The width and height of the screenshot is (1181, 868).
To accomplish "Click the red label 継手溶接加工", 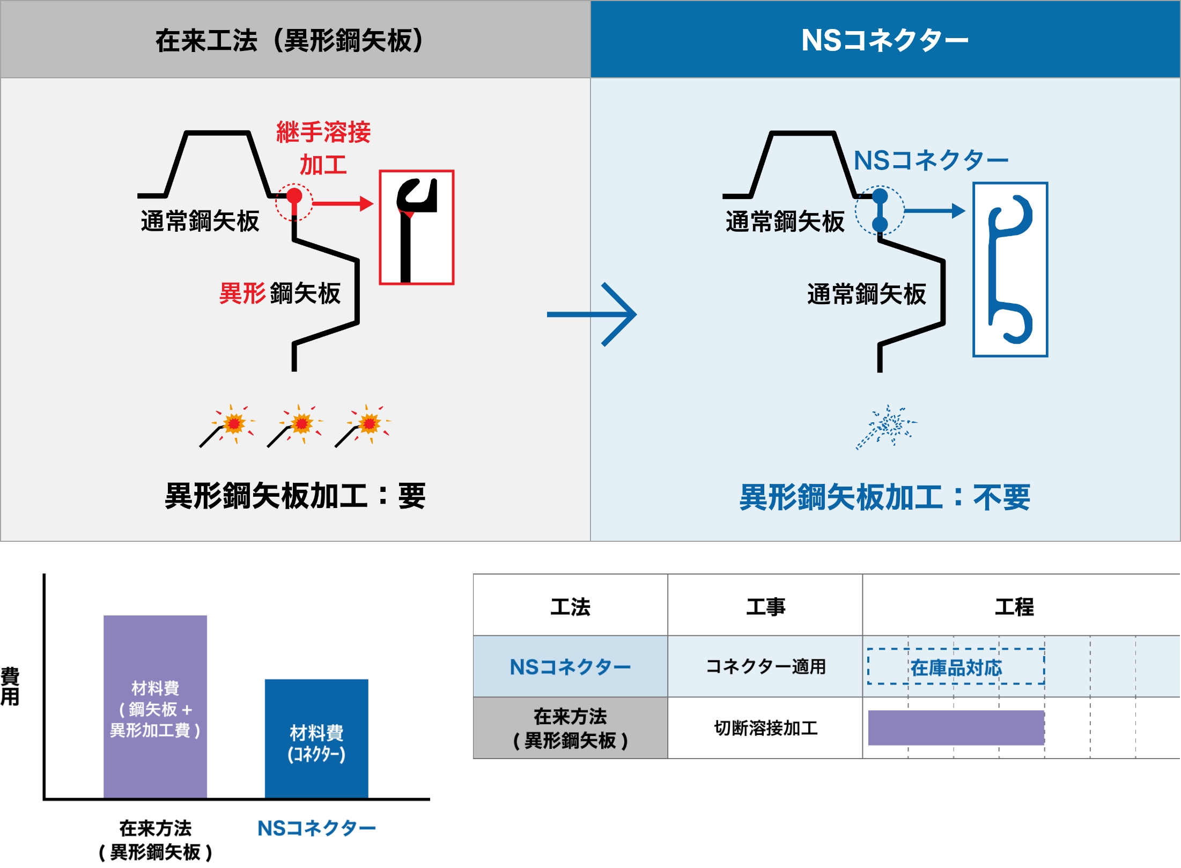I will click(323, 148).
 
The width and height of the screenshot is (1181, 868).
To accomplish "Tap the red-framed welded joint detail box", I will click(417, 227).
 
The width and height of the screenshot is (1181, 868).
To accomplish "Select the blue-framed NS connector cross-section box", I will click(1010, 269).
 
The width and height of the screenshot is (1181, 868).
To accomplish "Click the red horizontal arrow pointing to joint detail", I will click(342, 203).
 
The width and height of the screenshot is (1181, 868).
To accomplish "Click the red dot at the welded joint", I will click(294, 196).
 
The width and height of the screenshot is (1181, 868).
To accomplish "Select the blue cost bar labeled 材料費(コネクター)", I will click(316, 739).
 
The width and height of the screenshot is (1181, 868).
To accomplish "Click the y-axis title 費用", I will click(10, 686).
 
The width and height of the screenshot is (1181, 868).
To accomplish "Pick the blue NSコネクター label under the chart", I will click(316, 828).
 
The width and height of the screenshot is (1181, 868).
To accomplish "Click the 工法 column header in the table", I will click(570, 607).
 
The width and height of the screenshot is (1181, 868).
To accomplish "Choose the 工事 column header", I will click(765, 607).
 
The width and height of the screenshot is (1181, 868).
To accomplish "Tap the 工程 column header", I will click(1014, 607).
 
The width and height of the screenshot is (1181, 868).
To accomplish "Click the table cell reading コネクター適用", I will click(765, 667).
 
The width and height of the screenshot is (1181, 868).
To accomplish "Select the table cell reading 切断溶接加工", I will click(765, 728).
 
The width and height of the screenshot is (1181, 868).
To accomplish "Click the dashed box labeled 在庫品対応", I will click(956, 667).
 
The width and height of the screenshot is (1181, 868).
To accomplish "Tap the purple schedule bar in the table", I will click(956, 728).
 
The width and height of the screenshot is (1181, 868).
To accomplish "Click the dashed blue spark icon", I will click(888, 426).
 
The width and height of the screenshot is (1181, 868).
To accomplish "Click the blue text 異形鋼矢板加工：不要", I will click(884, 497).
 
